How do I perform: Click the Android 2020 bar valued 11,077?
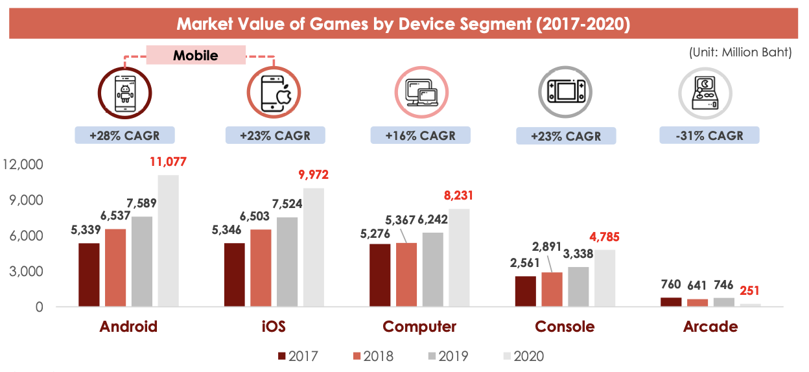[x=168, y=240]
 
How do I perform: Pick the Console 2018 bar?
[x=552, y=289]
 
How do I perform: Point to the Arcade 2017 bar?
[x=671, y=302]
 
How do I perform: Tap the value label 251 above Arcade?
[x=751, y=290]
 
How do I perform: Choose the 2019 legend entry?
[x=447, y=356]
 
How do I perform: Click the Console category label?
[x=564, y=326]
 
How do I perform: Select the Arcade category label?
[x=710, y=326]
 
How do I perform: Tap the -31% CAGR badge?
[x=710, y=135]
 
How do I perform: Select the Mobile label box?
[x=196, y=55]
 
